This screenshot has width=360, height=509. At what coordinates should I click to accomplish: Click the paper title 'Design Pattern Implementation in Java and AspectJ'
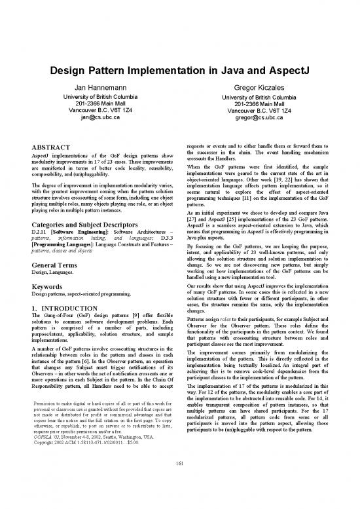click(x=180, y=69)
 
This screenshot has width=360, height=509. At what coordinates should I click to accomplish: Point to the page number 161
click(x=179, y=483)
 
